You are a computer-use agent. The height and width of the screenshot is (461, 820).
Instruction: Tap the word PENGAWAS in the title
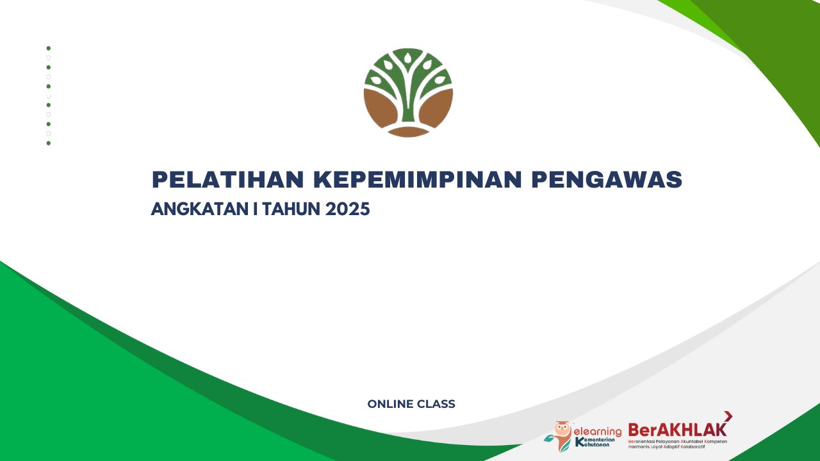pyautogui.click(x=607, y=180)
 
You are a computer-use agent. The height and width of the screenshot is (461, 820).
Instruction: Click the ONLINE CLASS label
pyautogui.click(x=411, y=404)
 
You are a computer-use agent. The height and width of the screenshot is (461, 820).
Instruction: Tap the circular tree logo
pyautogui.click(x=408, y=92)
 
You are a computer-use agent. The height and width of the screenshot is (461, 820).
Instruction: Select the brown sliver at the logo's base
pyautogui.click(x=408, y=132)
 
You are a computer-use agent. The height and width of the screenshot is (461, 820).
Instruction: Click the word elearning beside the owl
pyautogui.click(x=598, y=431)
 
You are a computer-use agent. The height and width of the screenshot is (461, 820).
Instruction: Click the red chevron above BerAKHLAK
pyautogui.click(x=728, y=417)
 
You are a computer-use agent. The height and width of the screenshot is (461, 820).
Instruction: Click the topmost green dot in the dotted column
pyautogui.click(x=49, y=48)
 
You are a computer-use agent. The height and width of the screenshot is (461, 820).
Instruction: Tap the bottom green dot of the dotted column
pyautogui.click(x=49, y=143)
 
